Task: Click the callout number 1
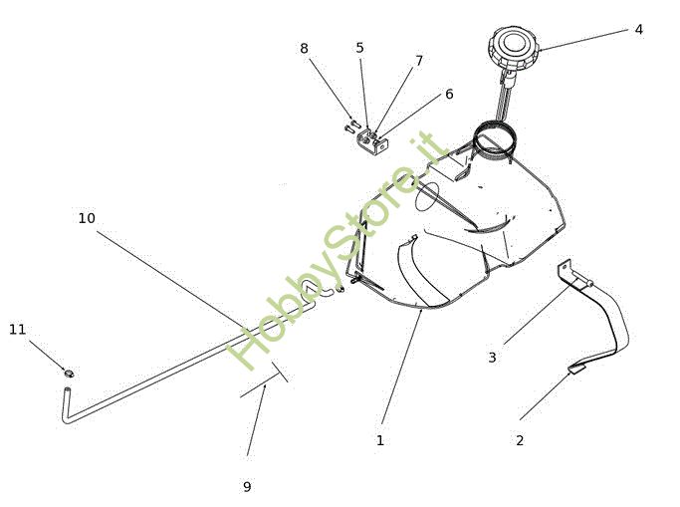(379, 439)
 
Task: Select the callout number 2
(519, 439)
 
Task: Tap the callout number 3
(492, 358)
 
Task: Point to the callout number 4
(638, 30)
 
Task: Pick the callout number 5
(359, 48)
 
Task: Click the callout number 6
(449, 94)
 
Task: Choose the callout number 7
(419, 61)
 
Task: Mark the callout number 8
(304, 48)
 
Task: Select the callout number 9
(247, 487)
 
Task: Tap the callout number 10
(87, 218)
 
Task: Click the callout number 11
(17, 329)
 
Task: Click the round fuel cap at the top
(513, 46)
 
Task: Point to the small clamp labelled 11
(69, 374)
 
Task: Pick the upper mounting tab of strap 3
(566, 271)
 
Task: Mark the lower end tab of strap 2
(576, 370)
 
